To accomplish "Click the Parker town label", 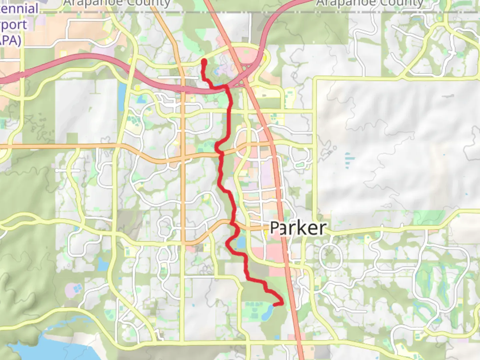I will pyautogui.click(x=298, y=228).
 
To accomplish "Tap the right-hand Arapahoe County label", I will pyautogui.click(x=369, y=3).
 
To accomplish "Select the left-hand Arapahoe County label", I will pyautogui.click(x=117, y=3).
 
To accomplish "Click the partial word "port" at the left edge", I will pyautogui.click(x=13, y=25).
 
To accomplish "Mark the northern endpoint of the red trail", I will pyautogui.click(x=204, y=61).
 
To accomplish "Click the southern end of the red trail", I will pyautogui.click(x=274, y=304).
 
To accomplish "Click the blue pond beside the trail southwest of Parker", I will pyautogui.click(x=241, y=243).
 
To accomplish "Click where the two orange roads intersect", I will pyautogui.click(x=183, y=159).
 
